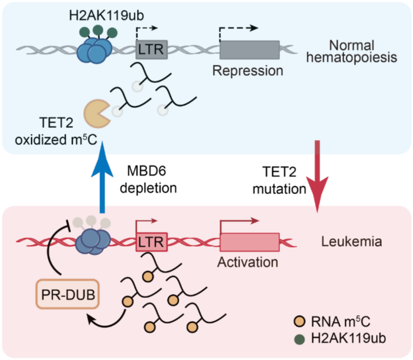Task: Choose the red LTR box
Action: [151, 242]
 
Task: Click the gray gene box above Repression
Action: [249, 50]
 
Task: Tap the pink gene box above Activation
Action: [249, 242]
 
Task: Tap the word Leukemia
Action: [351, 241]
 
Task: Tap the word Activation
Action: [248, 261]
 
